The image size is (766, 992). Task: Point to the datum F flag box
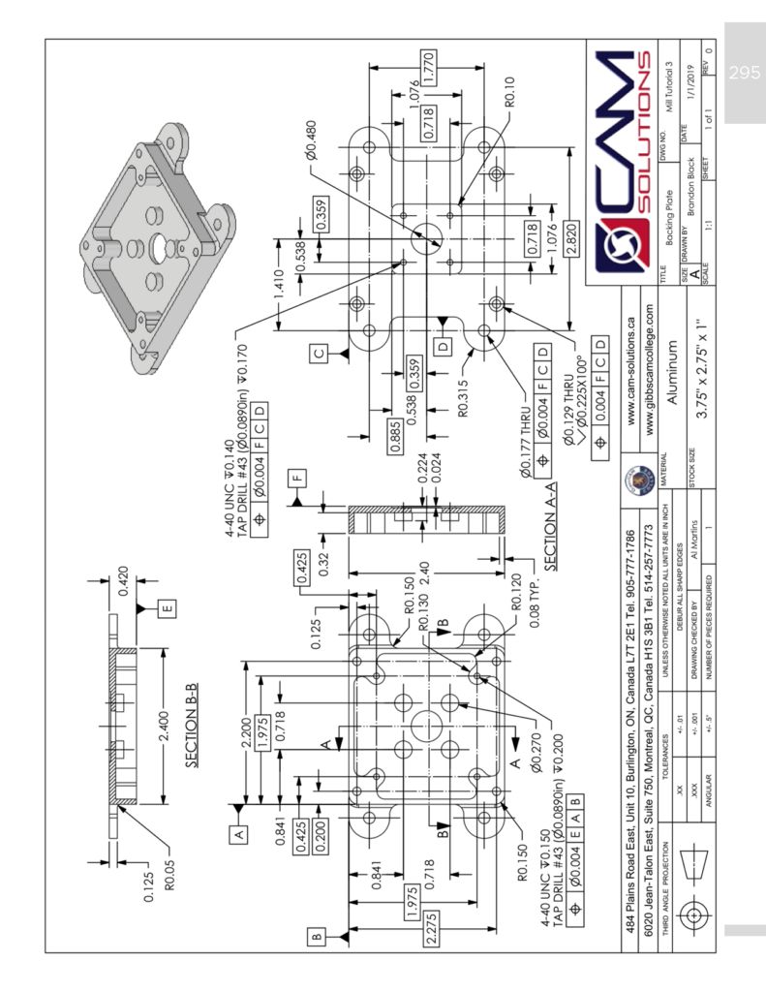pos(296,477)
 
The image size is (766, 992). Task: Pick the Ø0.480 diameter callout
pos(317,140)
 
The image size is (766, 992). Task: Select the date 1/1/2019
pos(690,82)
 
